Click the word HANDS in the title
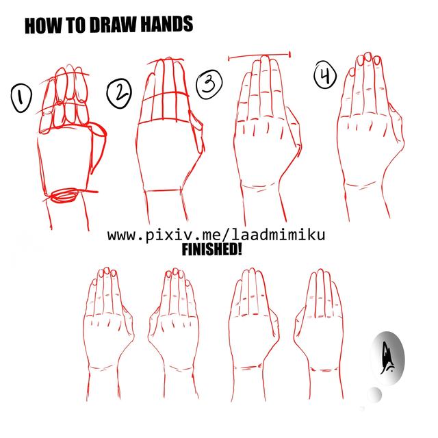click(x=166, y=25)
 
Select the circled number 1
click(x=21, y=98)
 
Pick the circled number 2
click(x=119, y=93)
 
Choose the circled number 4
click(x=325, y=75)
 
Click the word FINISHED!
click(x=211, y=249)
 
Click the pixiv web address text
click(x=216, y=235)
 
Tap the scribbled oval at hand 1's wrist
click(x=64, y=194)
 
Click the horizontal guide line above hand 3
click(x=260, y=55)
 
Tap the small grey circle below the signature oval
click(x=375, y=395)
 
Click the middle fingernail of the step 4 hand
click(x=368, y=57)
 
